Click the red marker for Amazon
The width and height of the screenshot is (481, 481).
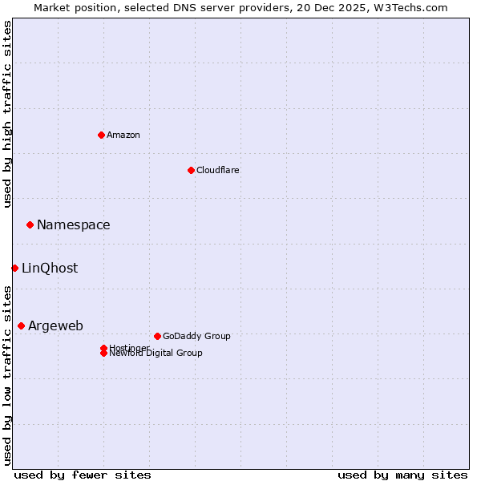click(101, 135)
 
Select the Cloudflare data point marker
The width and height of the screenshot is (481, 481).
click(191, 170)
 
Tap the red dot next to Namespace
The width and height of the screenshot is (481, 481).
click(30, 224)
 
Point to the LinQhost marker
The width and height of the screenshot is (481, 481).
click(14, 268)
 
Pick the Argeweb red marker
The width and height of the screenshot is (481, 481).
click(21, 325)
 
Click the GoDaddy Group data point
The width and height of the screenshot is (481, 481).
click(157, 336)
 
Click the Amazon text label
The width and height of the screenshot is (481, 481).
click(123, 135)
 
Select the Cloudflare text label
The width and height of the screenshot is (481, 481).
click(217, 170)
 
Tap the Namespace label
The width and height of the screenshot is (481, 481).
click(73, 225)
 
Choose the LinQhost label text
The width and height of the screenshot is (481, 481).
click(50, 269)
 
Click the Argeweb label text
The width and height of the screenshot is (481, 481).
click(55, 325)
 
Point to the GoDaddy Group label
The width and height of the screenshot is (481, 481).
click(196, 336)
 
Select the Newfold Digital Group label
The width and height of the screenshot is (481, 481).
click(156, 353)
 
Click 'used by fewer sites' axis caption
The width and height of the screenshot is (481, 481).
click(83, 475)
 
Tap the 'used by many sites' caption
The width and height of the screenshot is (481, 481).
click(402, 475)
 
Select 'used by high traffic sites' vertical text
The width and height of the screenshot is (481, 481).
click(7, 114)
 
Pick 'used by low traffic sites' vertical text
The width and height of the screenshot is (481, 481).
click(7, 375)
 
